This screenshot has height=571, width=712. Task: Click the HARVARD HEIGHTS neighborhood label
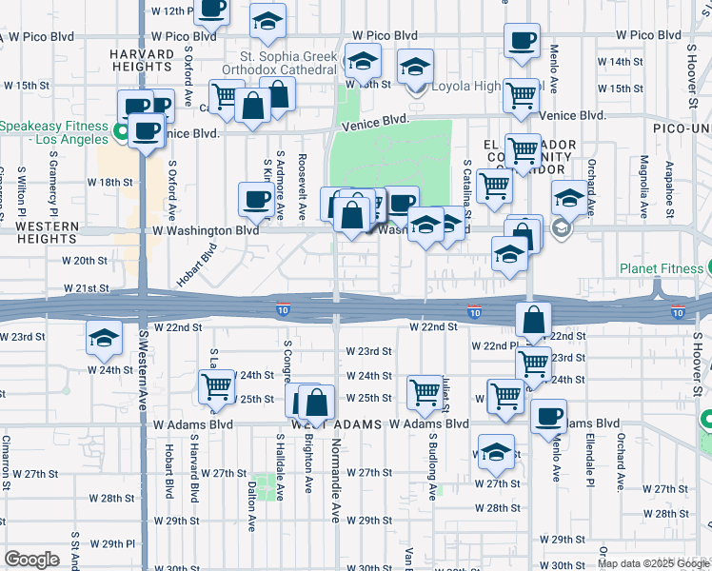pos(140,60)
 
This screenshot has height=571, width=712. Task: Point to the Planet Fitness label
pos(659,268)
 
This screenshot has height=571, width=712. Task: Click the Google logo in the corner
pos(31,560)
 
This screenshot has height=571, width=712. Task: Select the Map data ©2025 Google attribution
pos(653,563)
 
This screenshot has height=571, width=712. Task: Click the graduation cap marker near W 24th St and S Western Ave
pos(105,337)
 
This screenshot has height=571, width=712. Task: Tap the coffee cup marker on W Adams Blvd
pos(547,415)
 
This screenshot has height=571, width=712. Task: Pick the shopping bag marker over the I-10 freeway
pos(534,320)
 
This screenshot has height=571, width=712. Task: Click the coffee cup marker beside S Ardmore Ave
pos(256,199)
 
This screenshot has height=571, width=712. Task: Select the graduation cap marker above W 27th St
pos(496,453)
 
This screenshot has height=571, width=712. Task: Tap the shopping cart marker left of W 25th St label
pos(217,385)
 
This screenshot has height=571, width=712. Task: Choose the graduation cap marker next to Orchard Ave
pos(568,198)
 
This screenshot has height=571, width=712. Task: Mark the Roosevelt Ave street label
pos(302,179)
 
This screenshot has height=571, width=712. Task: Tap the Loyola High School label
pos(481,87)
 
